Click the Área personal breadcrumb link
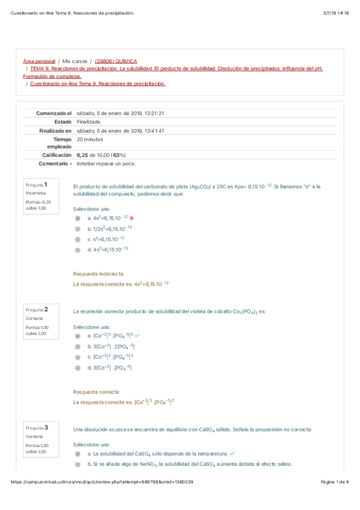coord(38,61)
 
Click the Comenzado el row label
coord(54,113)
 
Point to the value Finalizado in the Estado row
coord(89,121)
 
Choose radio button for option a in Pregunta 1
coord(78,218)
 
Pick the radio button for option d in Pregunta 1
coord(78,249)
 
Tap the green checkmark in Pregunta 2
coord(137,336)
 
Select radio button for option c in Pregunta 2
coord(78,357)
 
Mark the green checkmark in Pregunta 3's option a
coord(232,453)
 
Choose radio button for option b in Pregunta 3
coord(78,464)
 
